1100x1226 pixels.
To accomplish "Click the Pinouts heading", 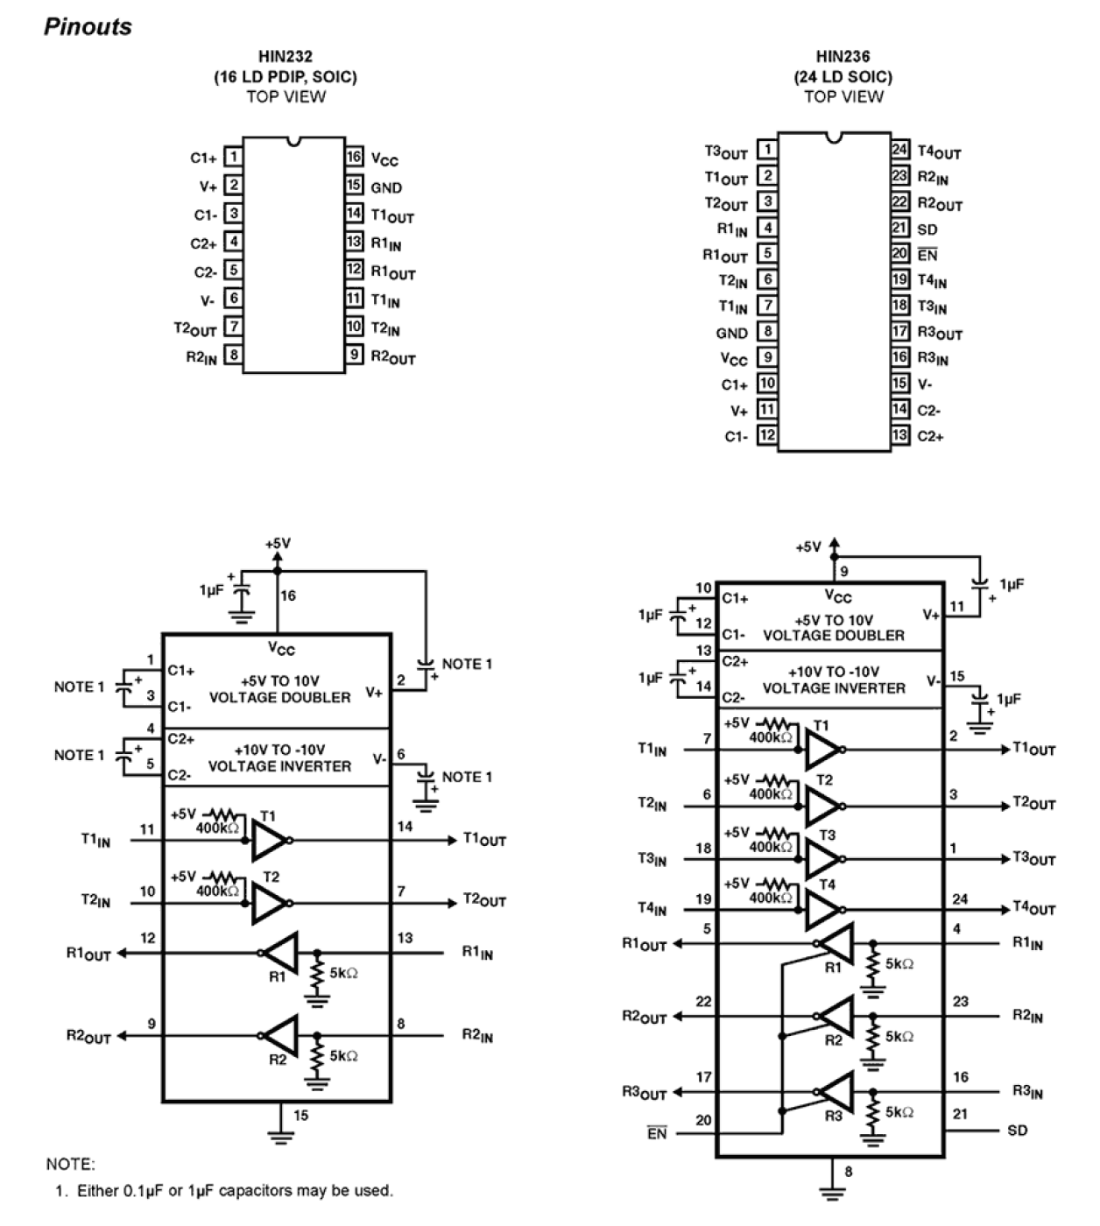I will pyautogui.click(x=88, y=27).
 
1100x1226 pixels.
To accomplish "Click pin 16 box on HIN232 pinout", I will pyautogui.click(x=354, y=158).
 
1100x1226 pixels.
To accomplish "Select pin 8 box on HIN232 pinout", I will pyautogui.click(x=233, y=355).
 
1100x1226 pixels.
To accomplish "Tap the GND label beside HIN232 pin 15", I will pyautogui.click(x=386, y=187).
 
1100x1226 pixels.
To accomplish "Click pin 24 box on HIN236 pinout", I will pyautogui.click(x=900, y=149).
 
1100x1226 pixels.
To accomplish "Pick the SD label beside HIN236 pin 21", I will pyautogui.click(x=927, y=229).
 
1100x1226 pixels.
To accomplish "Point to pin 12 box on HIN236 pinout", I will pyautogui.click(x=767, y=435).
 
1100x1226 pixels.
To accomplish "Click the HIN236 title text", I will pyautogui.click(x=843, y=57).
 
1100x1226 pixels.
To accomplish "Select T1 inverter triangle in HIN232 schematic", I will pyautogui.click(x=268, y=840).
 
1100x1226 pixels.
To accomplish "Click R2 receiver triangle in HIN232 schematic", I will pyautogui.click(x=281, y=1036).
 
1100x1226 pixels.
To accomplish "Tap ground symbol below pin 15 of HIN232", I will pyautogui.click(x=281, y=1138).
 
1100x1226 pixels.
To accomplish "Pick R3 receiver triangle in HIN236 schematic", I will pyautogui.click(x=835, y=1091).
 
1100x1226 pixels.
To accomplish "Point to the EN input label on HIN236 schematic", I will pyautogui.click(x=657, y=1134).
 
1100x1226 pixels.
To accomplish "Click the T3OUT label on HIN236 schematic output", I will pyautogui.click(x=1034, y=859).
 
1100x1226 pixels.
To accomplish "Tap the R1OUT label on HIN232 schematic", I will pyautogui.click(x=88, y=954).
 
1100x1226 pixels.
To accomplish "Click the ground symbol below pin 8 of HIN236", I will pyautogui.click(x=831, y=1192).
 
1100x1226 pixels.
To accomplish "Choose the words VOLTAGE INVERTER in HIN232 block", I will pyautogui.click(x=279, y=766).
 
